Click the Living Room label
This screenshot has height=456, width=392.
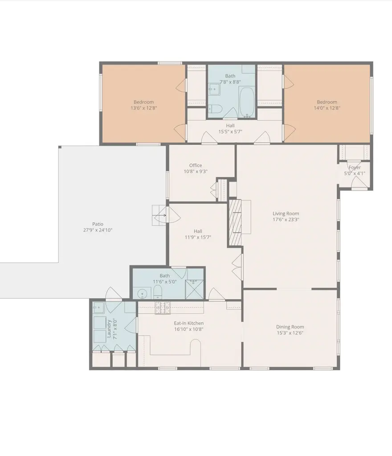click(286, 214)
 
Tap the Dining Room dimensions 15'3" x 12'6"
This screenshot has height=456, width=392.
click(290, 333)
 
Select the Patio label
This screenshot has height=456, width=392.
click(98, 224)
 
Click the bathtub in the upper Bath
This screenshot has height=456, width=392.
click(246, 102)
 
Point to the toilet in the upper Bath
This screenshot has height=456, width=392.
click(215, 108)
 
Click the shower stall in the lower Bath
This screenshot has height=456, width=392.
click(195, 289)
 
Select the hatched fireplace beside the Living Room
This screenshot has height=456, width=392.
click(235, 222)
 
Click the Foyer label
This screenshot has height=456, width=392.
click(355, 168)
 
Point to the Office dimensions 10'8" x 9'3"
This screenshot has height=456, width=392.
click(196, 171)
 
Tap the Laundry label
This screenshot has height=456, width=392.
click(109, 328)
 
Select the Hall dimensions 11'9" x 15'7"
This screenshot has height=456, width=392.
click(198, 237)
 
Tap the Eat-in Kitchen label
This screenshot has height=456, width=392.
click(189, 323)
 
